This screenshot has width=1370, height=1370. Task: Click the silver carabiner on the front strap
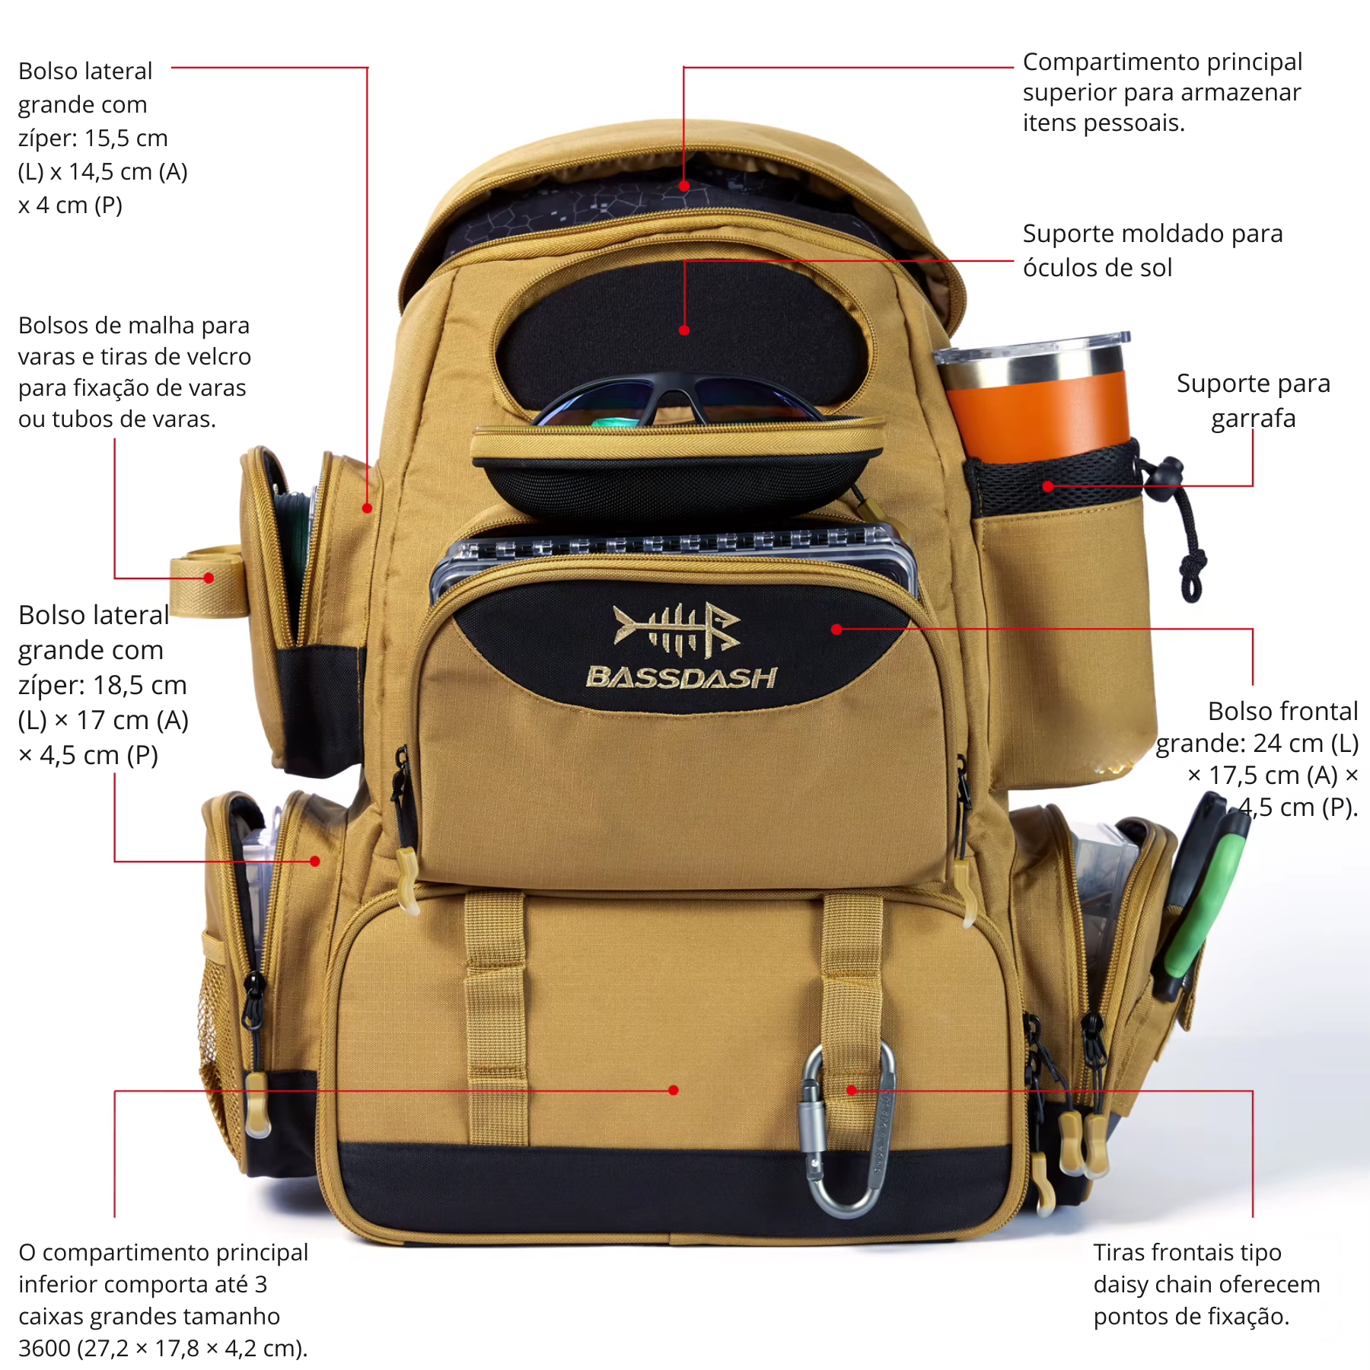[845, 1126]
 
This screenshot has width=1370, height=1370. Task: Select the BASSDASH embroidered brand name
[682, 677]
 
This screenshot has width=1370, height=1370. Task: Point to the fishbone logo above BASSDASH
[677, 629]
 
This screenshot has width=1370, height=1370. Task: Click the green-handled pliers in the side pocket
[1203, 898]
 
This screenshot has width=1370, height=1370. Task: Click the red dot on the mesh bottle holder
[1048, 486]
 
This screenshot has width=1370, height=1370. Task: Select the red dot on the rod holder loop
[209, 578]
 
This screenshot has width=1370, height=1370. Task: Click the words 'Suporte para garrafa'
[1253, 401]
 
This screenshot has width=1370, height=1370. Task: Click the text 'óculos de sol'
[1097, 268]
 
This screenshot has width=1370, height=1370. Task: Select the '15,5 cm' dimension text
[126, 138]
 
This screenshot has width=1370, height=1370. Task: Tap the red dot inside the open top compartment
[684, 186]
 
